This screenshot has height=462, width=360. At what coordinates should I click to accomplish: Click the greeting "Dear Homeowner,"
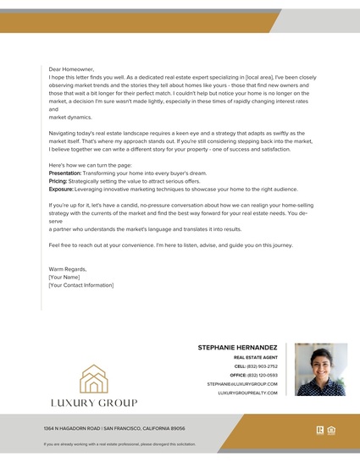[71, 69]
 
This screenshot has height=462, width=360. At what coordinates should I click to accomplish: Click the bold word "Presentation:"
[64, 172]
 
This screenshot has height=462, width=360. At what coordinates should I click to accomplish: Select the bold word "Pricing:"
[58, 181]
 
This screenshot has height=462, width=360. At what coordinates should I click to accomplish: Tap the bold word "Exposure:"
[60, 190]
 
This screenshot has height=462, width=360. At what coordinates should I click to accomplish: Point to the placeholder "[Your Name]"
[64, 277]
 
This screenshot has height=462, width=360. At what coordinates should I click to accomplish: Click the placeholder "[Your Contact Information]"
[80, 285]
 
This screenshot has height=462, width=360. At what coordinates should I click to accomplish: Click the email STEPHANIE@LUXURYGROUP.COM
[241, 384]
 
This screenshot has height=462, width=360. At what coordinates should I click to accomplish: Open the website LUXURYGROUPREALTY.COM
[247, 393]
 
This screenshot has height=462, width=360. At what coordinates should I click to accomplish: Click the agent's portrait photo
[321, 369]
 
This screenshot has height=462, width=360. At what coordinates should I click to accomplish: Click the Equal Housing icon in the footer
[331, 429]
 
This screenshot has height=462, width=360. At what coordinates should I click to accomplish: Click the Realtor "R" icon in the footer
[320, 429]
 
